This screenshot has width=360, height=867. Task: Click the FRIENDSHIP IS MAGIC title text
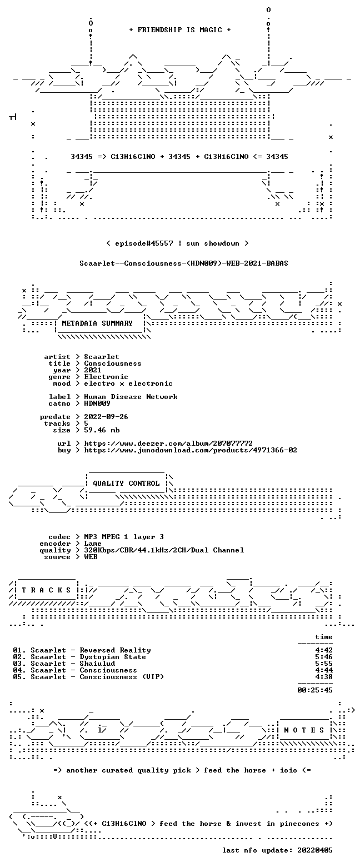click(179, 30)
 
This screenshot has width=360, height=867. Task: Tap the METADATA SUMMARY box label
click(97, 323)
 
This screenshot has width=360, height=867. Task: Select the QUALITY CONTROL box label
click(126, 484)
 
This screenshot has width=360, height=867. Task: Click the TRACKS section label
click(47, 590)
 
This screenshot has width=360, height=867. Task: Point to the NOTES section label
click(304, 730)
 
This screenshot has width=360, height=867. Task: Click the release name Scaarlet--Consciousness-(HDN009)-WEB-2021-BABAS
click(184, 263)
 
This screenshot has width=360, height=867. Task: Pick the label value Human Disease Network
click(131, 397)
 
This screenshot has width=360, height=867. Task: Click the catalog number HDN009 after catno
click(97, 403)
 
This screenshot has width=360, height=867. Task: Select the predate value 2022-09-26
click(106, 417)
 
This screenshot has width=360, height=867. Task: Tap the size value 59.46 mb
click(102, 430)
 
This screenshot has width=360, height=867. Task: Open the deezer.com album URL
click(168, 444)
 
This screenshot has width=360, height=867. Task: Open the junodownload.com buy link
click(191, 450)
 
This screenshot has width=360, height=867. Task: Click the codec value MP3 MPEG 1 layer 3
click(124, 537)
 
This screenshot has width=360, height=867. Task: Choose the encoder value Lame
click(93, 544)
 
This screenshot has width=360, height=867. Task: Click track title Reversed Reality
click(116, 650)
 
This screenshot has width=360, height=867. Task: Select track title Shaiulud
click(97, 664)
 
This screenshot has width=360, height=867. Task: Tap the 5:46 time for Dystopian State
click(324, 657)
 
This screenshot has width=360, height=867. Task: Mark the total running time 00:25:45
click(315, 690)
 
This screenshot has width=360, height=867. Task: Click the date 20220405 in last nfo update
click(315, 850)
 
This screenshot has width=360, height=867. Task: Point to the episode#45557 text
click(144, 243)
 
